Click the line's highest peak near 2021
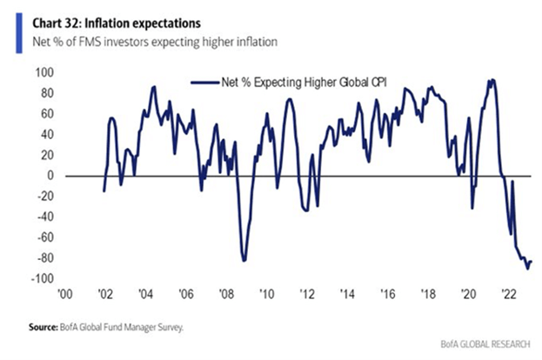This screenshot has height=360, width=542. point(492,80)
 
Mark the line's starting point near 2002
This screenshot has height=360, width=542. point(104,191)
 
